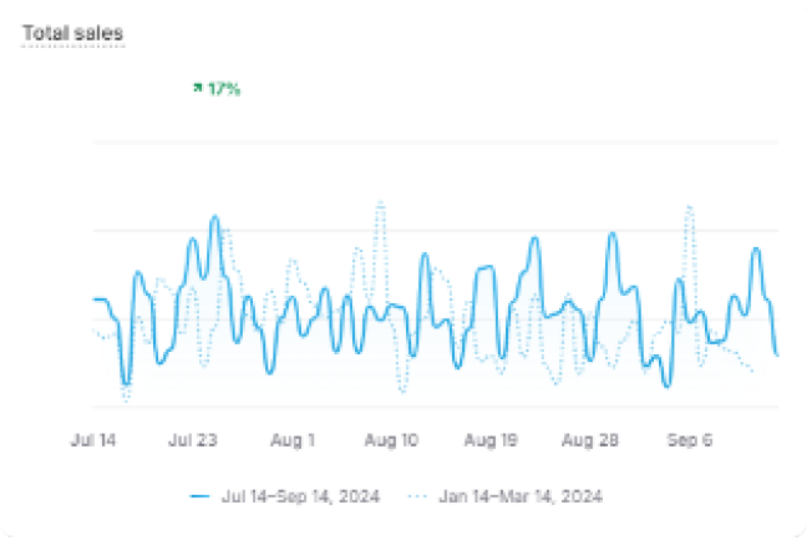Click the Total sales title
tap(72, 34)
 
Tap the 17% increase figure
tap(224, 90)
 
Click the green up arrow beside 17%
tap(198, 88)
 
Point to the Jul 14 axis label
tap(93, 440)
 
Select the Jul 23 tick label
tap(192, 440)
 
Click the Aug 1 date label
tap(292, 440)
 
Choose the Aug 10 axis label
tap(390, 440)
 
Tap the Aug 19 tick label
tap(491, 440)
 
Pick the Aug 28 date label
tap(590, 440)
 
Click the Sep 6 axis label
tap(689, 440)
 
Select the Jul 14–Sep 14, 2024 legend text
tap(301, 496)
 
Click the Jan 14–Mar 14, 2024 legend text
tap(521, 496)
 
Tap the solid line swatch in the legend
tap(200, 496)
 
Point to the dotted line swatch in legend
tap(418, 496)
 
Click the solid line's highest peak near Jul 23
tap(215, 217)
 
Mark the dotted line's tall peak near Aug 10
tap(380, 203)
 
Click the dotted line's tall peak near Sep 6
tap(689, 206)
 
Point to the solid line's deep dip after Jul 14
tap(126, 382)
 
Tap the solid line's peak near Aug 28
tap(612, 234)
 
